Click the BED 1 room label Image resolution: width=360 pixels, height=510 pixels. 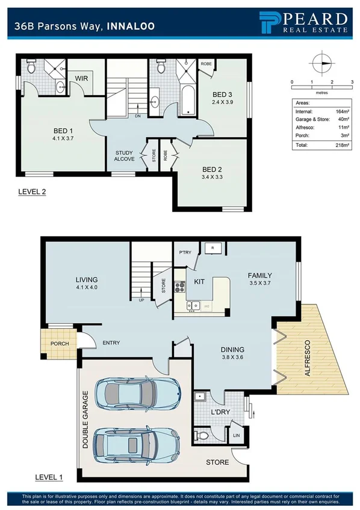coord(63,131)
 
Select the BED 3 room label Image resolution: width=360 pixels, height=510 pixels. coord(223,95)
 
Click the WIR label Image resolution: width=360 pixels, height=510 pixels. coord(82,78)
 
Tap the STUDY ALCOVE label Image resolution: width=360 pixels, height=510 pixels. coord(125,156)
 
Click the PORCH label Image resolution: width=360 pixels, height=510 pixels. coord(60,344)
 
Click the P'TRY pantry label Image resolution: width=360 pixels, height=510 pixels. coord(184,252)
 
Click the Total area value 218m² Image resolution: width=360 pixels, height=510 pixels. coord(335,145)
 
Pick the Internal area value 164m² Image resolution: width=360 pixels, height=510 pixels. coord(335,111)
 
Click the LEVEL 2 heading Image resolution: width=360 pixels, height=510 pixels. coord(31,192)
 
